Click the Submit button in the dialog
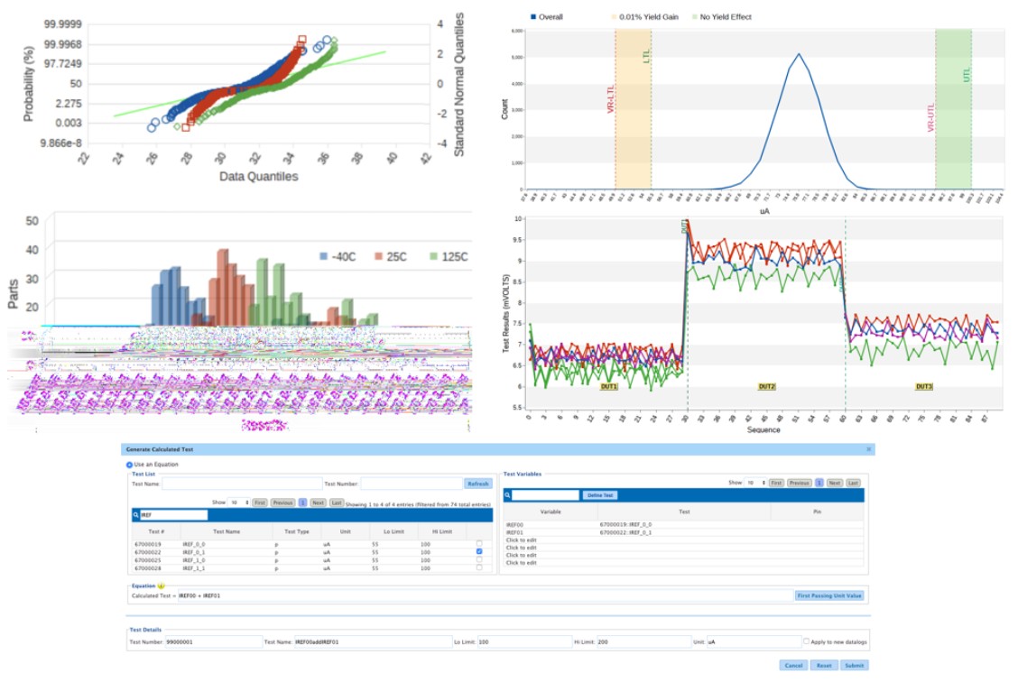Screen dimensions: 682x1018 [x=854, y=665]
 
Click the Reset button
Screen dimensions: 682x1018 [x=823, y=665]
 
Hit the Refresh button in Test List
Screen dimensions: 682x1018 [x=477, y=484]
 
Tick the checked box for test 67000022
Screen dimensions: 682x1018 [x=478, y=551]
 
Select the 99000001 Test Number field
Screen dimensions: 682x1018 [x=212, y=641]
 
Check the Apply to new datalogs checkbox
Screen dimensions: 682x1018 [x=807, y=641]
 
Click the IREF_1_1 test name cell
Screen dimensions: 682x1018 [x=194, y=569]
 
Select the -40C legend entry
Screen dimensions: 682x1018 [x=338, y=256]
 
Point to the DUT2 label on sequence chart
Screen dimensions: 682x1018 [x=767, y=386]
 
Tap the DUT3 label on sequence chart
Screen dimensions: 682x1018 [x=924, y=386]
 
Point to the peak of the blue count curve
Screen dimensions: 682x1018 [x=798, y=54]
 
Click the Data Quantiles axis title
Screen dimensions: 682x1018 [x=259, y=176]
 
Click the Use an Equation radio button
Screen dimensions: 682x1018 [x=130, y=464]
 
